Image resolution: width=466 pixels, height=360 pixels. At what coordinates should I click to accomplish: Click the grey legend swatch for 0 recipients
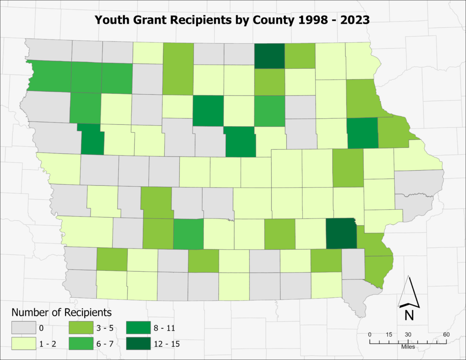(x=23, y=328)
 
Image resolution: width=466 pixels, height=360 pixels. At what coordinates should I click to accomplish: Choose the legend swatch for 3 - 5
(x=81, y=328)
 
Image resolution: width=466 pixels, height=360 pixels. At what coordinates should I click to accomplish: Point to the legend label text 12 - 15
(x=167, y=344)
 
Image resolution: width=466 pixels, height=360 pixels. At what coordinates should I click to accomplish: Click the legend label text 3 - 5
(x=106, y=328)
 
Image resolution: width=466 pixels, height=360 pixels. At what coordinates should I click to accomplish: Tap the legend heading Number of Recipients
(x=61, y=313)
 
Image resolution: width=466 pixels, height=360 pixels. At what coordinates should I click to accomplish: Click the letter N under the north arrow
(x=409, y=314)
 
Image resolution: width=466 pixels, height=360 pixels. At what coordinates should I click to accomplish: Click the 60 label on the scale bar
(x=447, y=335)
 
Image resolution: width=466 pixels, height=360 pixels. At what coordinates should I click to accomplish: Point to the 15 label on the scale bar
(x=389, y=335)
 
